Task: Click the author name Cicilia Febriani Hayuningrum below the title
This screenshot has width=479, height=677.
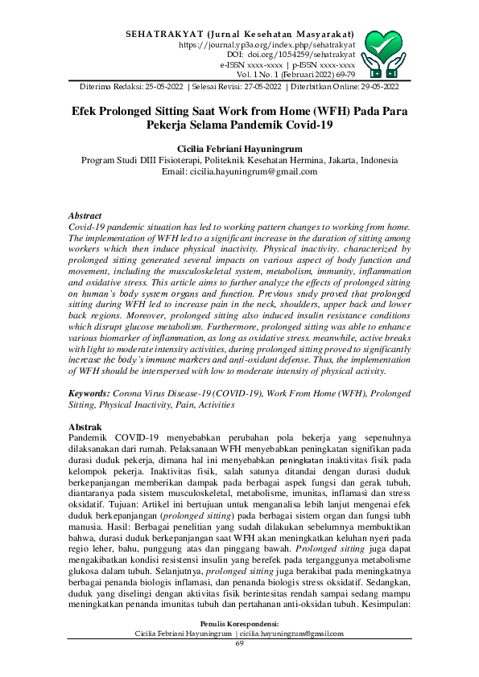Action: click(x=239, y=149)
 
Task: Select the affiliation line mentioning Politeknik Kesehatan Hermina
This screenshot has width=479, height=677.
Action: click(x=239, y=160)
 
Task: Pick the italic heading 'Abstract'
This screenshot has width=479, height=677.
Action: click(x=85, y=216)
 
